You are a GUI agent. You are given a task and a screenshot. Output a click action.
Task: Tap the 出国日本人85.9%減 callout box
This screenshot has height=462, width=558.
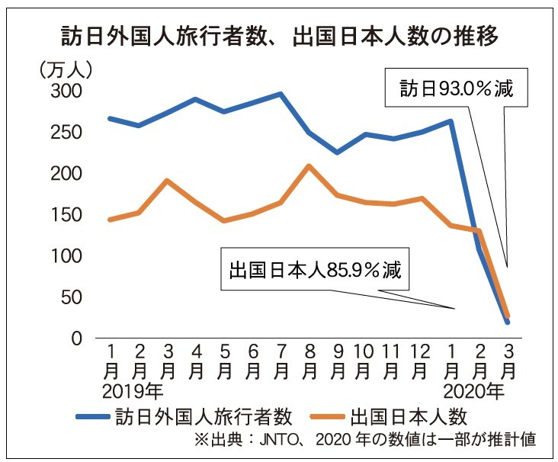(314, 270)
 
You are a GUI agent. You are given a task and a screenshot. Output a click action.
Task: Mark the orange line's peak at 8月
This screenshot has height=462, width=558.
(308, 165)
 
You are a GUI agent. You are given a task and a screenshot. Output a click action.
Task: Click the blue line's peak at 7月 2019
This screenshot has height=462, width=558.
(281, 95)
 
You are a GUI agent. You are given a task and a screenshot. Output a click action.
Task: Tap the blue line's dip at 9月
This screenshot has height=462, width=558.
(337, 152)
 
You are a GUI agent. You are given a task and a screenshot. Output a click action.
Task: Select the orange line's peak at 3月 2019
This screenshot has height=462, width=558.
(167, 181)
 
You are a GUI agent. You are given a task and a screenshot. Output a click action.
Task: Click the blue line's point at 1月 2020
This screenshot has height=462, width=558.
(452, 121)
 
